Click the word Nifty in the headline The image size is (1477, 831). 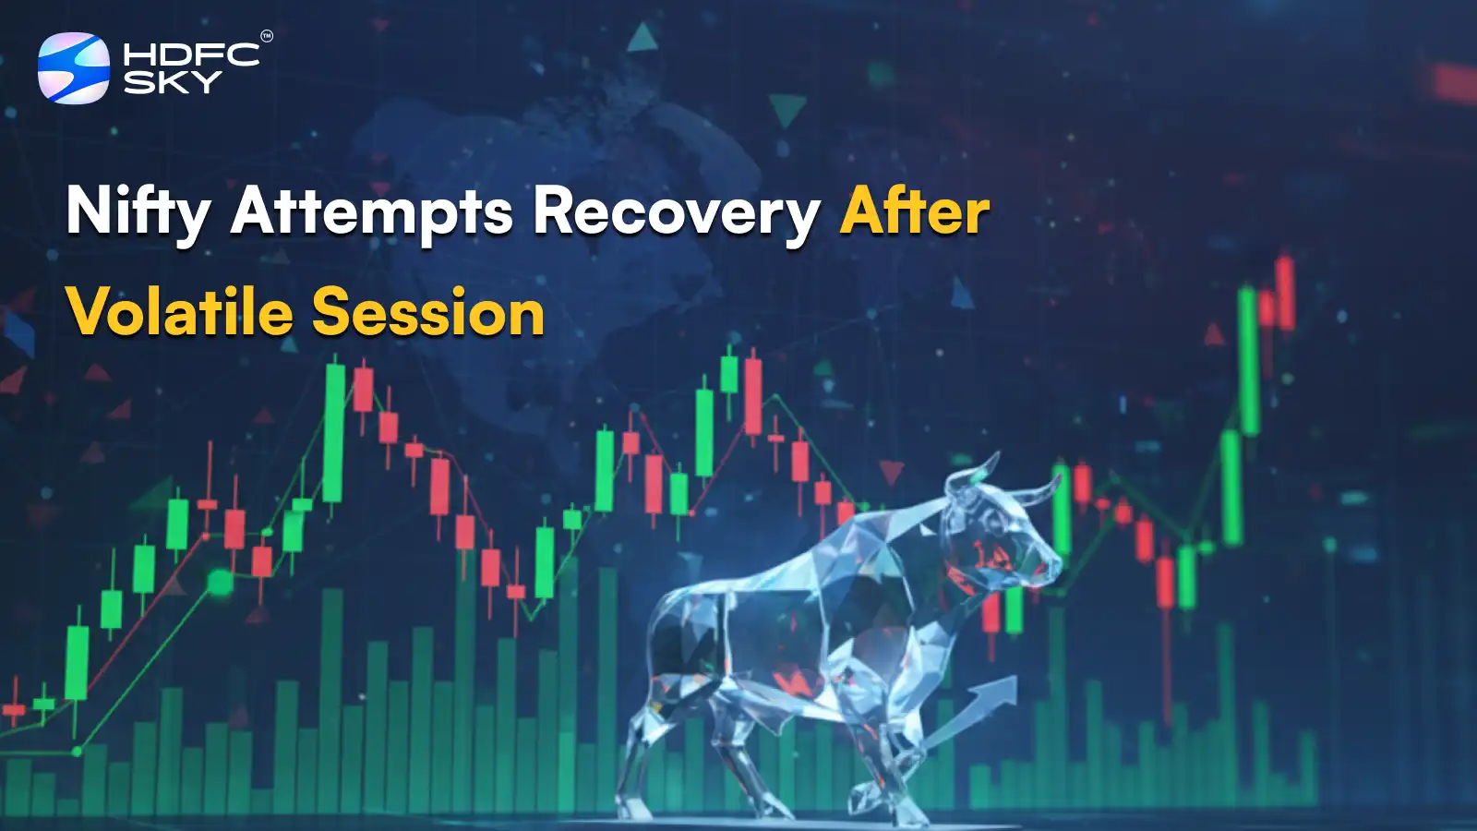138,212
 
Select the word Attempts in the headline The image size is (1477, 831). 371,212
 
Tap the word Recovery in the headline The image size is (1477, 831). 676,212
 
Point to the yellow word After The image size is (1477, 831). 914,212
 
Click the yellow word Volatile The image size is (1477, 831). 179,312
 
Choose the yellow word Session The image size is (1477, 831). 428,312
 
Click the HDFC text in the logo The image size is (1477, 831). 191,54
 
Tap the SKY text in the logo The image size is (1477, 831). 172,82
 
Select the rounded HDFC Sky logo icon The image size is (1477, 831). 73,67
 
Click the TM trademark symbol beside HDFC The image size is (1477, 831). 267,37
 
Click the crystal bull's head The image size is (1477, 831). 1002,536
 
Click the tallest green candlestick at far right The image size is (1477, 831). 1248,360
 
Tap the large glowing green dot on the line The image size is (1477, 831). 220,582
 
